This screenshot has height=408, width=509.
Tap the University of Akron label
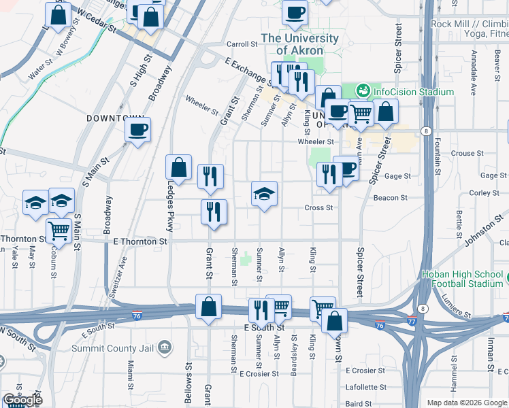(299, 44)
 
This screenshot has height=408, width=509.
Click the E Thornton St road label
(140, 241)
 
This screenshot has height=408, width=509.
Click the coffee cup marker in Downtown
(138, 131)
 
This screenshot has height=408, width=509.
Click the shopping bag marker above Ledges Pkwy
(178, 169)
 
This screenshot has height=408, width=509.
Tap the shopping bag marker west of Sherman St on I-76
(208, 307)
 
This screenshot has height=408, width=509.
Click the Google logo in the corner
(22, 401)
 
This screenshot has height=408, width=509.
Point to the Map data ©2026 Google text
(466, 403)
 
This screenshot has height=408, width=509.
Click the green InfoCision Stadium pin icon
(363, 90)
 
